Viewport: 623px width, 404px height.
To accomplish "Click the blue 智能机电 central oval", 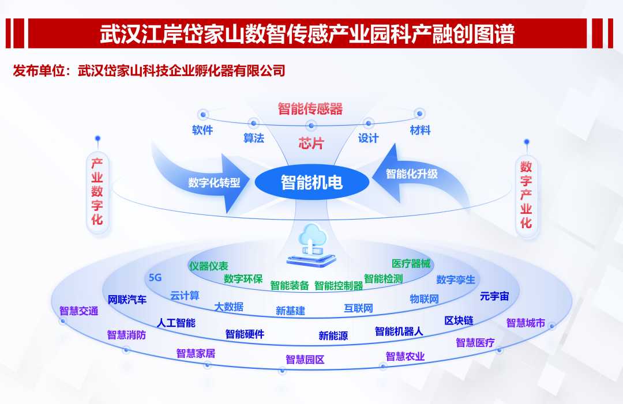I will pos(311,183).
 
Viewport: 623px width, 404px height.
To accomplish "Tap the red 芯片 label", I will pos(311,144).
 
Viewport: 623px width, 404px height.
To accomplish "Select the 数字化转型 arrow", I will pos(213,183).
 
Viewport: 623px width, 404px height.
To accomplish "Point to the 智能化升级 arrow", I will pos(412,173).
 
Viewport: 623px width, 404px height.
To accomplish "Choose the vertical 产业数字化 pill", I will pos(97,192).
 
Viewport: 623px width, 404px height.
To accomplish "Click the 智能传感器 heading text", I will pos(310,109).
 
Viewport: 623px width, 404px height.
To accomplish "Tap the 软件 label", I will pos(202,130).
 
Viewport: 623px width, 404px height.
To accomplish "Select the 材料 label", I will pos(420,130).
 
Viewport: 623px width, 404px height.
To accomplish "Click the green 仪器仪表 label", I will pos(208,266).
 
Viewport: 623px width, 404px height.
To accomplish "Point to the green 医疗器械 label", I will pos(411,264).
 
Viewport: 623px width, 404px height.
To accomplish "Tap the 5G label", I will pos(155,278).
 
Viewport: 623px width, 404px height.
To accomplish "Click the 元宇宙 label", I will pos(494,296).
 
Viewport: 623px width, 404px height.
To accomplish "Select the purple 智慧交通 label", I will pos(79,311).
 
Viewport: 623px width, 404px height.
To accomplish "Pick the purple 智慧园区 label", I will pos(305,360).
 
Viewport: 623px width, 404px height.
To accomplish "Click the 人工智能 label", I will pos(176,323).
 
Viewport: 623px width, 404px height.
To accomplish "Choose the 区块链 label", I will pos(459,320).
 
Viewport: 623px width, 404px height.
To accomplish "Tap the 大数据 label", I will pos(229,307).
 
